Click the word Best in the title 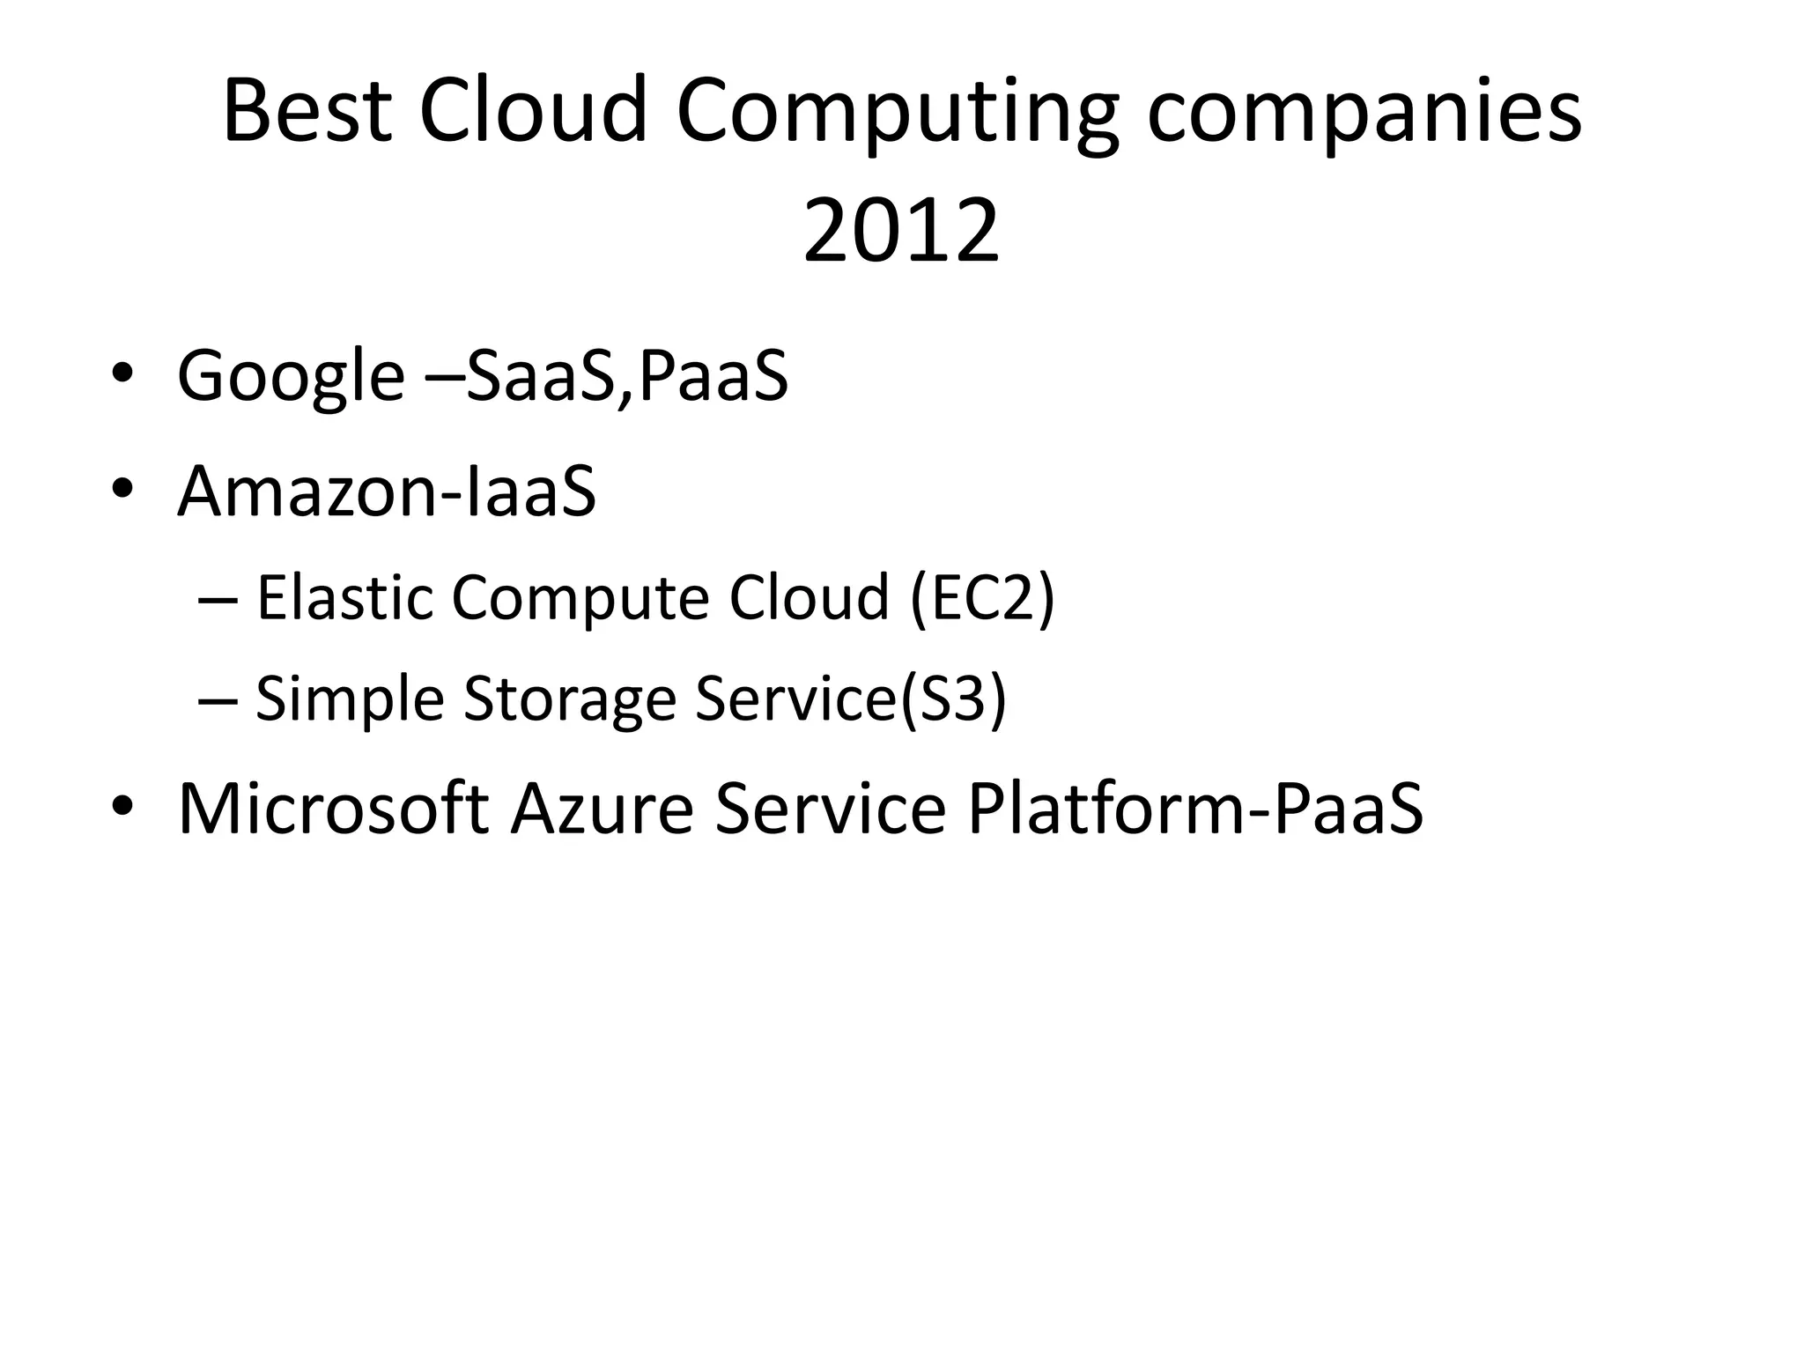point(307,111)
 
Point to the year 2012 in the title point(901,231)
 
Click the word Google point(291,377)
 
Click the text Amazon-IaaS point(387,491)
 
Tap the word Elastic point(345,597)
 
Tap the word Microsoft point(333,808)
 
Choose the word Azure point(603,808)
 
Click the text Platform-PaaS point(1194,808)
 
